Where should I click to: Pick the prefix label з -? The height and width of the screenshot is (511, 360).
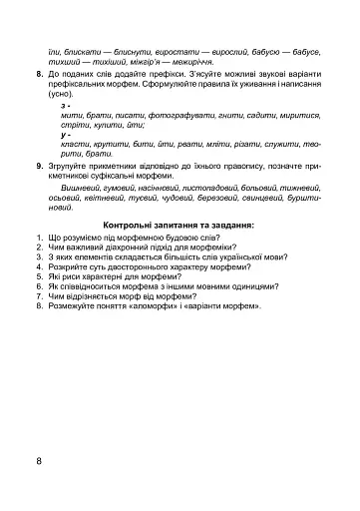tap(65, 104)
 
